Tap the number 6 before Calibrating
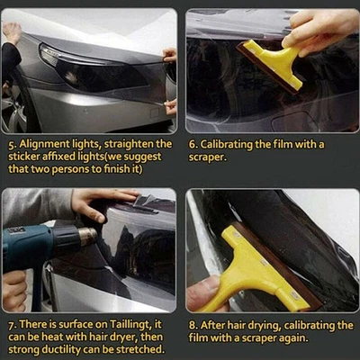[192, 143]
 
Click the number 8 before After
[192, 325]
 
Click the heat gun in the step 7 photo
[40, 243]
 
